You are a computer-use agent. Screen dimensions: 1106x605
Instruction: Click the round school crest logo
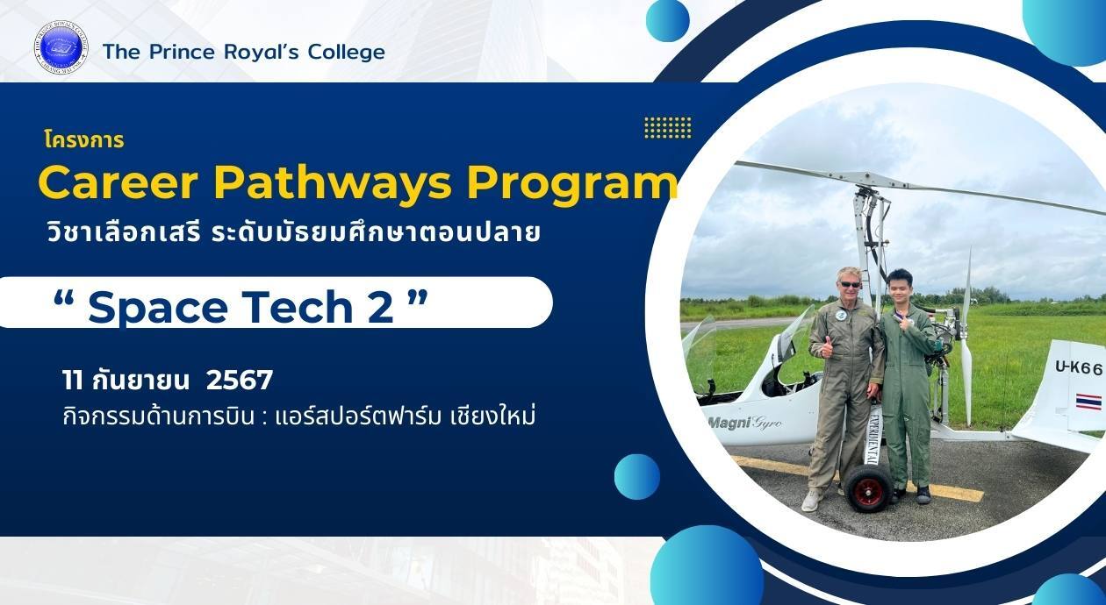(x=61, y=48)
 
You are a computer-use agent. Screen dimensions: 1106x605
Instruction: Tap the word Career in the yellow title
(x=118, y=183)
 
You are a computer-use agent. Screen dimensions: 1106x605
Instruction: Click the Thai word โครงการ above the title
(x=83, y=140)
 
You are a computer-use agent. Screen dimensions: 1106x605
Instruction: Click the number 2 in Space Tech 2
(x=381, y=307)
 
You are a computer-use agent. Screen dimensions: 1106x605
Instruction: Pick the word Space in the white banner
(x=157, y=308)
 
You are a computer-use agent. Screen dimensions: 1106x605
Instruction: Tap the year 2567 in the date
(x=240, y=381)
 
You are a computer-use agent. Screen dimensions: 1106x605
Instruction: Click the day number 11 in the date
(x=72, y=381)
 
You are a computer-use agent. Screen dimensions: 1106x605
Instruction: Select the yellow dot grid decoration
(x=667, y=128)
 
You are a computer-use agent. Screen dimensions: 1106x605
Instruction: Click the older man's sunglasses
(x=851, y=284)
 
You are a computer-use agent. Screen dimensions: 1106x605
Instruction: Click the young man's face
(x=897, y=288)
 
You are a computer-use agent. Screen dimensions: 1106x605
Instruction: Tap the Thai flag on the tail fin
(x=1088, y=402)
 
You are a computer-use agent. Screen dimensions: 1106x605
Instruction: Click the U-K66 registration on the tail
(x=1079, y=368)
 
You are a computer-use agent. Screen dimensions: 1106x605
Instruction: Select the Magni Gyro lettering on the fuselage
(x=745, y=423)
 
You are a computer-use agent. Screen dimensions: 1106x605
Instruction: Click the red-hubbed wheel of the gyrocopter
(x=867, y=488)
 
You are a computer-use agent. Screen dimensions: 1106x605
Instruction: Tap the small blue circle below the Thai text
(x=637, y=477)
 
